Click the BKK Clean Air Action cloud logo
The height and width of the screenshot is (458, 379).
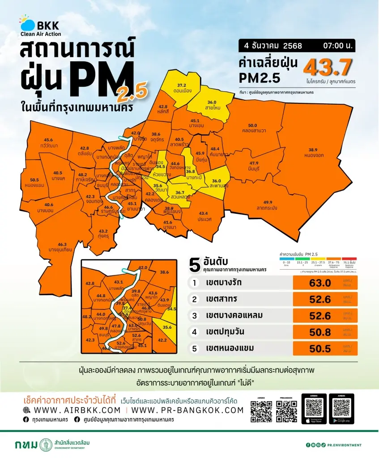coord(26,24)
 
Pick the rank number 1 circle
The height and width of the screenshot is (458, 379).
coord(194,283)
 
